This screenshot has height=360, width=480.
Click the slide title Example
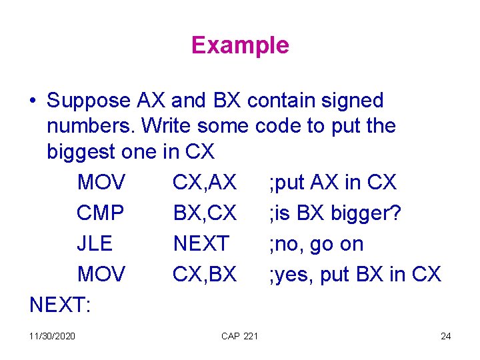(x=240, y=45)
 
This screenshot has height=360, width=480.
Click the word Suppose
(x=89, y=101)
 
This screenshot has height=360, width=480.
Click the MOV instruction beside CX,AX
(x=101, y=182)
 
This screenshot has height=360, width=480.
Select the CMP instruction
(x=101, y=213)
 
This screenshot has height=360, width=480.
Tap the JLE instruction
(x=95, y=244)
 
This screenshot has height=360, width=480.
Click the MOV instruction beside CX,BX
(x=101, y=275)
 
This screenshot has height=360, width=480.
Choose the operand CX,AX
(x=205, y=182)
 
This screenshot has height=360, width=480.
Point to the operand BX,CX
(x=205, y=213)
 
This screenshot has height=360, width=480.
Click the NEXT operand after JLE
(x=201, y=244)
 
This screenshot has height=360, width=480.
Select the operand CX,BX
(x=205, y=275)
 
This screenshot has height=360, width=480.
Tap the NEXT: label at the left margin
(x=61, y=305)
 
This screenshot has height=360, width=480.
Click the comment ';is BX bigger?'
(x=335, y=213)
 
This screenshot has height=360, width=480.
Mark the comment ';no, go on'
(x=316, y=244)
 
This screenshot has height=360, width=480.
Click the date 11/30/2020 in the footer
(x=53, y=336)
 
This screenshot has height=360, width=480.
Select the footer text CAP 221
(x=239, y=336)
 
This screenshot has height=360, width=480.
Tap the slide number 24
(x=446, y=336)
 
